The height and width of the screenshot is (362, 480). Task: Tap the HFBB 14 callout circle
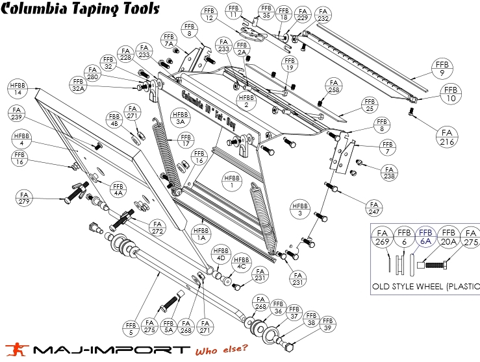tap(17, 88)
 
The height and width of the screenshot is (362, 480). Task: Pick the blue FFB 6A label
tap(425, 237)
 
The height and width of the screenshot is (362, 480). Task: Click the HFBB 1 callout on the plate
tap(233, 182)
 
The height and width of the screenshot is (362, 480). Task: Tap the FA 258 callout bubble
tap(334, 88)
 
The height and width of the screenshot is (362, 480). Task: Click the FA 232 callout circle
tap(323, 15)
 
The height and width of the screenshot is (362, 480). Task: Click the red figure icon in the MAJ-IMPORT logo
tap(14, 349)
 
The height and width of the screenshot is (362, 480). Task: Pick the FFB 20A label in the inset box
tap(448, 237)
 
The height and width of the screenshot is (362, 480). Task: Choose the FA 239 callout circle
tap(17, 114)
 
